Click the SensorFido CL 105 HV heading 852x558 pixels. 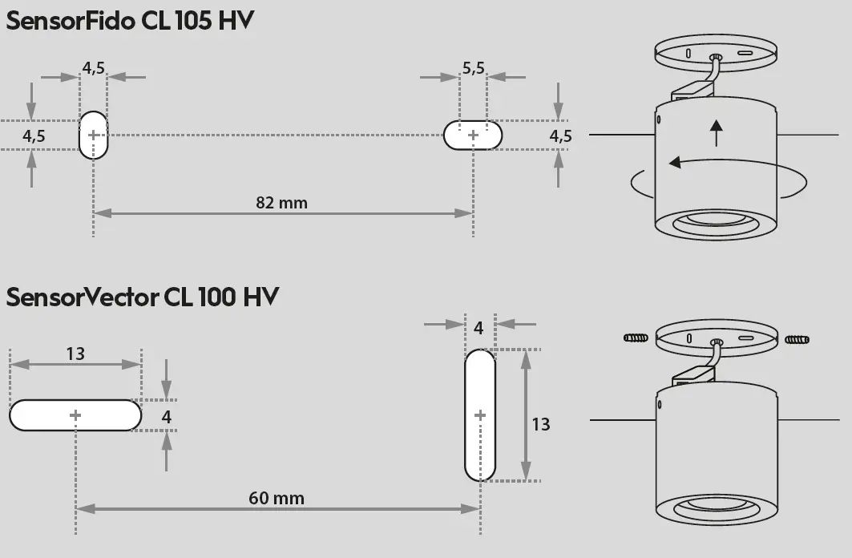pyautogui.click(x=130, y=21)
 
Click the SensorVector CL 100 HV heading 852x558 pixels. pyautogui.click(x=142, y=297)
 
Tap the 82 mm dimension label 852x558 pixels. pyautogui.click(x=281, y=202)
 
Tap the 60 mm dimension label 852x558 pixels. pyautogui.click(x=277, y=498)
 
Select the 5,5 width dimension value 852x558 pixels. pyautogui.click(x=473, y=68)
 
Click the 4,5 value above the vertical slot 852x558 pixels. pyautogui.click(x=93, y=67)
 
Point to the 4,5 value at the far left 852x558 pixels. pyautogui.click(x=34, y=136)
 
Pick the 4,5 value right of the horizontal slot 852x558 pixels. pyautogui.click(x=560, y=135)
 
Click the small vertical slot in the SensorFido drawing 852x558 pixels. pyautogui.click(x=93, y=135)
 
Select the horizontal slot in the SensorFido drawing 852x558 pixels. pyautogui.click(x=473, y=135)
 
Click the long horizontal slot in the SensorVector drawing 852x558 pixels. pyautogui.click(x=75, y=414)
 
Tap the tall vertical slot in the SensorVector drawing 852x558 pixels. pyautogui.click(x=480, y=414)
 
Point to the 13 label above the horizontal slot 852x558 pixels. pyautogui.click(x=75, y=353)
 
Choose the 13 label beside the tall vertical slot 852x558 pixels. pyautogui.click(x=541, y=423)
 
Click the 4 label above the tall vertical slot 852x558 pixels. pyautogui.click(x=478, y=327)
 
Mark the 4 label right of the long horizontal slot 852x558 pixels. pyautogui.click(x=166, y=416)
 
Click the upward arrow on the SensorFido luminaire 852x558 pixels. pyautogui.click(x=716, y=131)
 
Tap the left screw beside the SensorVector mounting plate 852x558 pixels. pyautogui.click(x=635, y=338)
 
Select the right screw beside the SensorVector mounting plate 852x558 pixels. pyautogui.click(x=797, y=339)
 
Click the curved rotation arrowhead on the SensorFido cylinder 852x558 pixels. pyautogui.click(x=676, y=162)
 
